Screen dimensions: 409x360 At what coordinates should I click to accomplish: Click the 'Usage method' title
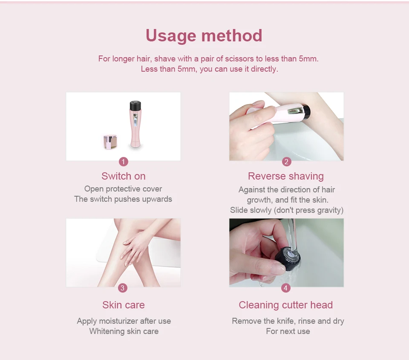point(204,35)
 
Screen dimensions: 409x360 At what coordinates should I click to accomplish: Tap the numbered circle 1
point(124,162)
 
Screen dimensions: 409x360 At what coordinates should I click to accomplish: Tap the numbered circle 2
point(286,162)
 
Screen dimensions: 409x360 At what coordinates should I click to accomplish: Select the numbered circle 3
point(123,288)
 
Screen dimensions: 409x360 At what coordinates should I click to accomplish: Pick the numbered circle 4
point(285,288)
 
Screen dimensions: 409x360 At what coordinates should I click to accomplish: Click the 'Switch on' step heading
point(124,176)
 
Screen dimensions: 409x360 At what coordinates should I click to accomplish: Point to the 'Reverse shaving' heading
point(286,177)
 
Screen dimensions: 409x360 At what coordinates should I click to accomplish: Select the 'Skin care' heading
point(124,305)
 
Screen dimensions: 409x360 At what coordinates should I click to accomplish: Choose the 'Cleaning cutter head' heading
point(285,305)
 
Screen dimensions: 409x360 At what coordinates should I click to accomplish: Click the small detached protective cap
point(110,142)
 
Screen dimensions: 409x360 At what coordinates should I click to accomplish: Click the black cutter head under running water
point(288,257)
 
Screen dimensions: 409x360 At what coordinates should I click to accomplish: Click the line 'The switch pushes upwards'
point(123,199)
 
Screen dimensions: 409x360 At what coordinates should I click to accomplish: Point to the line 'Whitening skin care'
point(124,331)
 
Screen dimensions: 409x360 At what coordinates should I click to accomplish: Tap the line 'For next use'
point(288,331)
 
